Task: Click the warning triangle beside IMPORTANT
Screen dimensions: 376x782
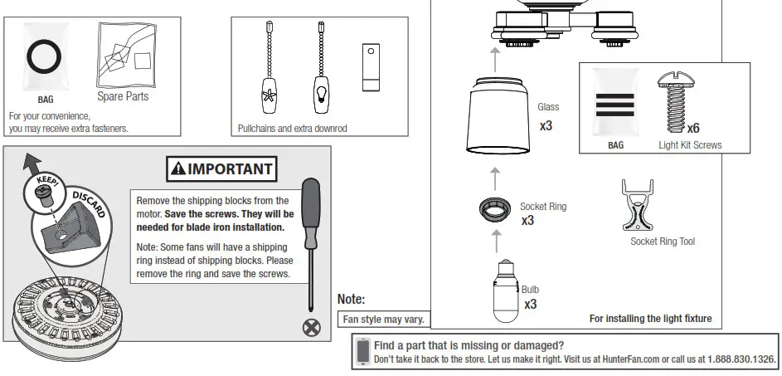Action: pyautogui.click(x=178, y=169)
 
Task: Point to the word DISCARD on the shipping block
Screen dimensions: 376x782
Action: pyautogui.click(x=89, y=203)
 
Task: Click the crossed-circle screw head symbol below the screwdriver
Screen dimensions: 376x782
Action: pyautogui.click(x=312, y=327)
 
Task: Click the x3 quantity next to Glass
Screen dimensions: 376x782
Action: pyautogui.click(x=546, y=126)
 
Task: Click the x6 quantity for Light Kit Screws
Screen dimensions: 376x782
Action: pyautogui.click(x=692, y=128)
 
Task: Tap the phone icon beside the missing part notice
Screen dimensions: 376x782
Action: pyautogui.click(x=362, y=351)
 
